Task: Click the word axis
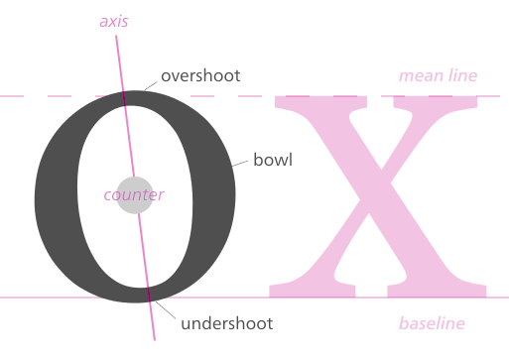114,22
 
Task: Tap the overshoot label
200,75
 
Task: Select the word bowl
273,160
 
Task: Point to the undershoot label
227,323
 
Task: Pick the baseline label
432,323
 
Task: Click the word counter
134,195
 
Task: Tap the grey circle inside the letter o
135,195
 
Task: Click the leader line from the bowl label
240,164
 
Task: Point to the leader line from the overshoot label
151,86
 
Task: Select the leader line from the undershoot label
166,310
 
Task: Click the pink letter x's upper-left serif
320,102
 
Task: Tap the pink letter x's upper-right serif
436,102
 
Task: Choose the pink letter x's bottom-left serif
313,291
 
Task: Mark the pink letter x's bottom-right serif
437,291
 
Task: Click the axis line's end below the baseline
155,339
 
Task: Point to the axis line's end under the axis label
116,36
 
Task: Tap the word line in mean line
463,76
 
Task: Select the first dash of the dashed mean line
12,96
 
